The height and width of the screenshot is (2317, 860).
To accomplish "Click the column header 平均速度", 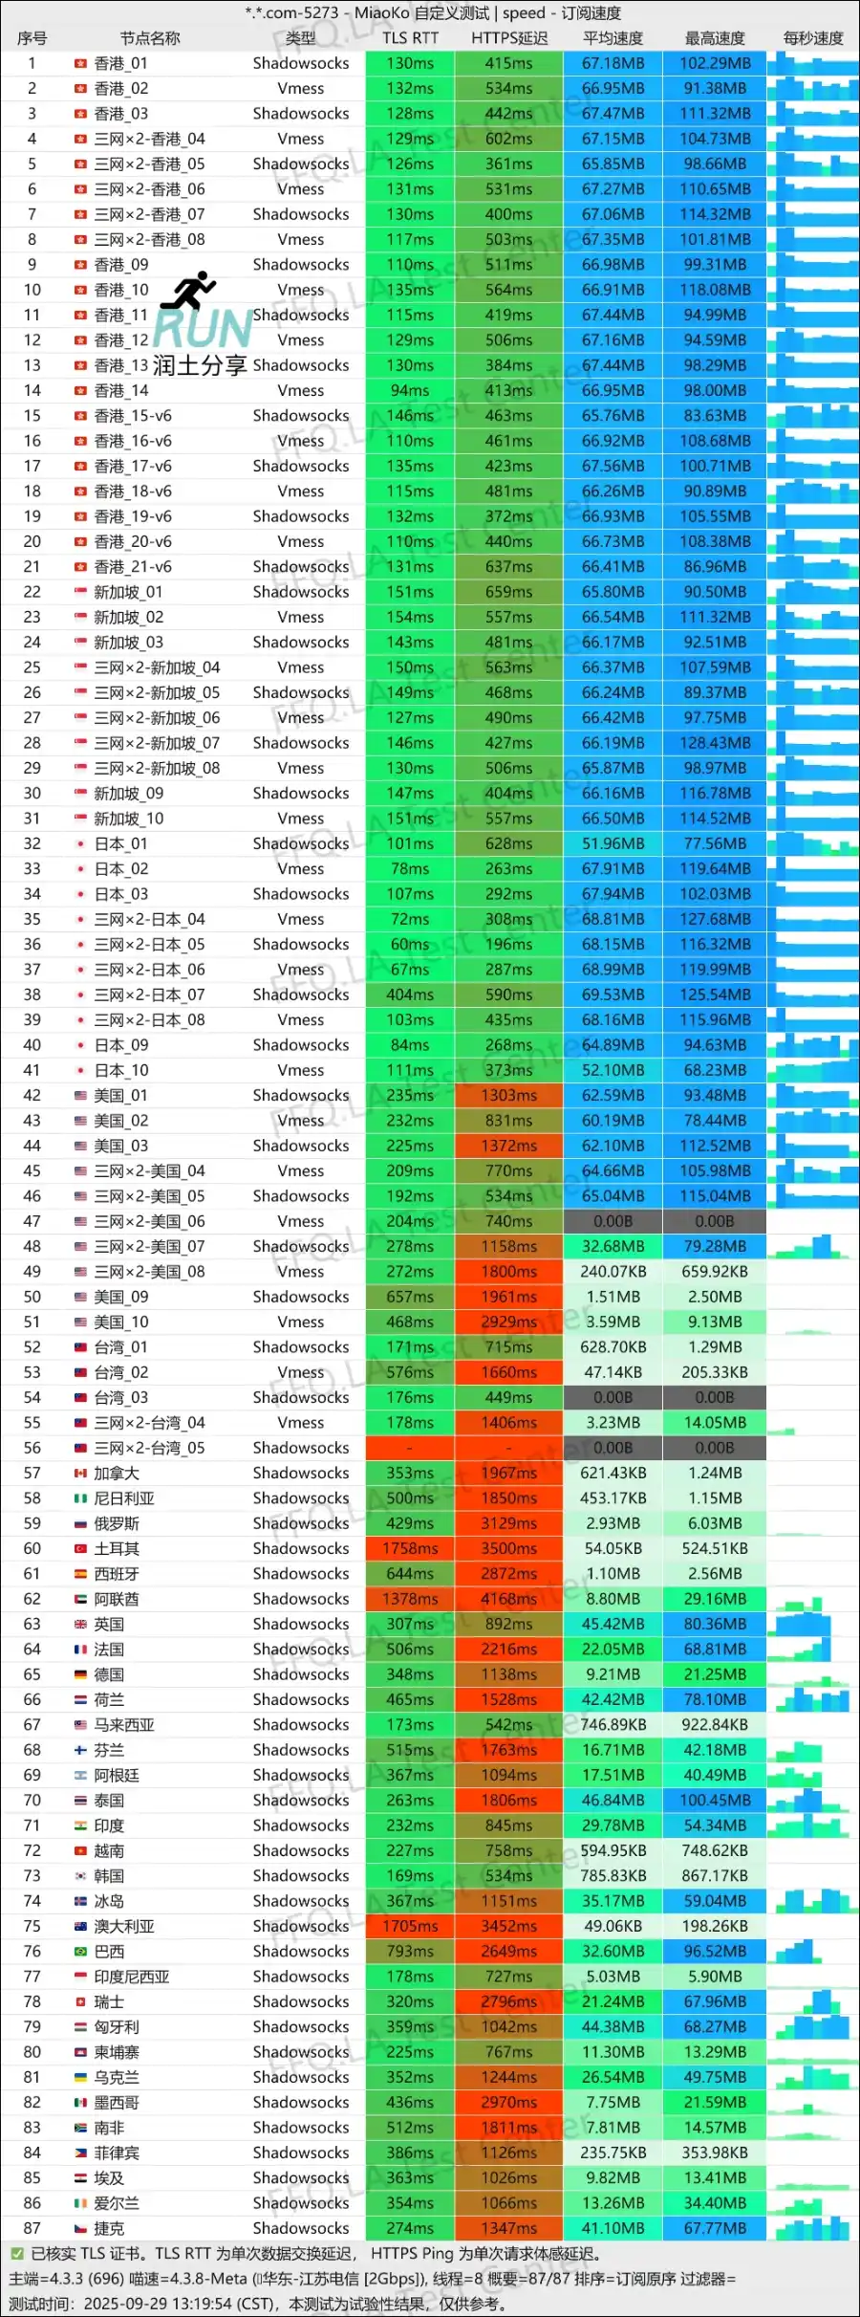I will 613,38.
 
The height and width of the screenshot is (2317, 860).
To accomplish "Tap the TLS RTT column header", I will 410,38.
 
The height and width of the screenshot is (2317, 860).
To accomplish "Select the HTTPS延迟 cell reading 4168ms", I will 508,1599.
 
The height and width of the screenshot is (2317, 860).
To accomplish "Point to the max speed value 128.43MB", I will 715,743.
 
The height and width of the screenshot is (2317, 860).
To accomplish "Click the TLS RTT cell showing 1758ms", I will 410,1548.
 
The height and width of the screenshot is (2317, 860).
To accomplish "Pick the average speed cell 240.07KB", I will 613,1272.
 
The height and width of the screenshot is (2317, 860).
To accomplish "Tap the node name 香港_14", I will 121,390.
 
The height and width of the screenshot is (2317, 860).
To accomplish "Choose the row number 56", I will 32,1448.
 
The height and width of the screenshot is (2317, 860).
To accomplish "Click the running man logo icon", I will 189,292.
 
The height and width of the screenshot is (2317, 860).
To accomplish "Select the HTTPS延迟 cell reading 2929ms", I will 508,1322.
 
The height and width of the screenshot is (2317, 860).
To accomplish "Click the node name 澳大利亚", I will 124,1926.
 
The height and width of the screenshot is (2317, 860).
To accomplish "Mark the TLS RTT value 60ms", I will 410,944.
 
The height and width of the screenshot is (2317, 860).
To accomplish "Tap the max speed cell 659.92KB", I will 715,1272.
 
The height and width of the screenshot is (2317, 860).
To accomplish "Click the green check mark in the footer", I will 16,2254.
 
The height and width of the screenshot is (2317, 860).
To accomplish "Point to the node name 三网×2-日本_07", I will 149,995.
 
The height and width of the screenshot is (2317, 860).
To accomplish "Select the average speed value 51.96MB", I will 613,843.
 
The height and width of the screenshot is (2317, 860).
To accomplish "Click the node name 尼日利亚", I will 124,1498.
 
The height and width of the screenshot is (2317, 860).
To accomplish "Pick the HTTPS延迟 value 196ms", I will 508,944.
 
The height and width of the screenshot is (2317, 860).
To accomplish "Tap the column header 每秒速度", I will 813,38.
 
